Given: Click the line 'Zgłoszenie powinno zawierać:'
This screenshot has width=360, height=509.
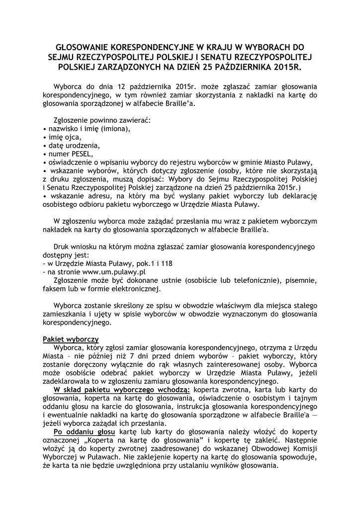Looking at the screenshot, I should (x=101, y=120).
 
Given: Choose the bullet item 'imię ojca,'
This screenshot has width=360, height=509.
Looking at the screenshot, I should (x=64, y=137).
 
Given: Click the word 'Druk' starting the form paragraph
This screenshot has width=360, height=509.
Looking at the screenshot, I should (x=62, y=246).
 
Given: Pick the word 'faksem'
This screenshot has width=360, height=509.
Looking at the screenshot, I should (x=53, y=289).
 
